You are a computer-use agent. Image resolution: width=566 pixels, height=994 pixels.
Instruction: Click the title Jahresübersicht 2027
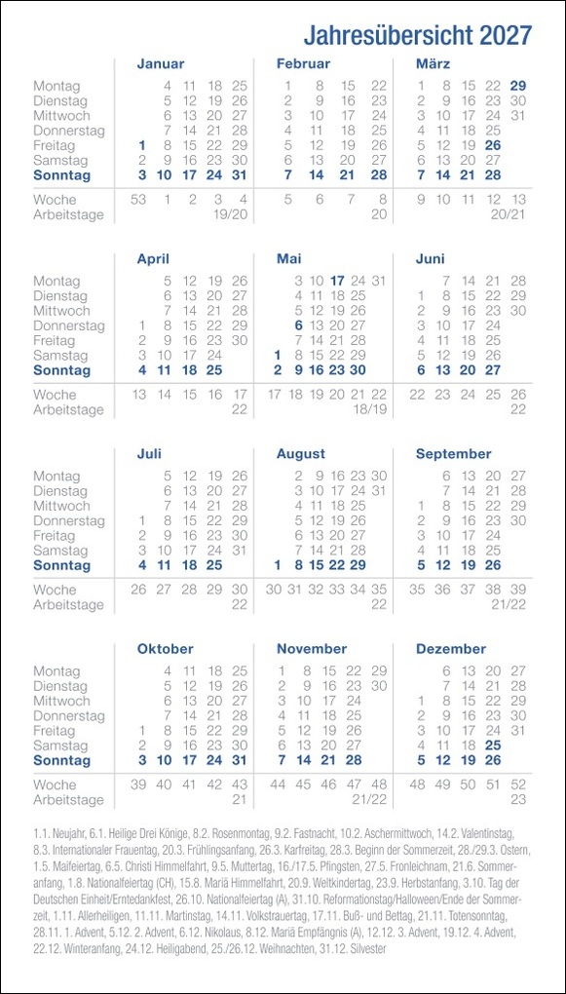[x=417, y=36]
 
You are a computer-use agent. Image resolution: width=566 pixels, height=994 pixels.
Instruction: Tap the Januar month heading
[x=161, y=64]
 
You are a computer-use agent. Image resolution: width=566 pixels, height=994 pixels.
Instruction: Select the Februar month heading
[x=303, y=64]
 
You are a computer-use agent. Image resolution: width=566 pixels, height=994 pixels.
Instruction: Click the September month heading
[x=453, y=454]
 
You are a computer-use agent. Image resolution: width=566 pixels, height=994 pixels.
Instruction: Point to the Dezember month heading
[x=450, y=649]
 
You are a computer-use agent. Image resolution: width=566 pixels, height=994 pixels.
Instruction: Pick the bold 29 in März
[x=518, y=86]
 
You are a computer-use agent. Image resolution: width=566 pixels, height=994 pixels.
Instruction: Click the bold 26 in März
[x=493, y=145]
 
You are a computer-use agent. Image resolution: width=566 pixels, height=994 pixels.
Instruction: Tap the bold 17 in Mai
[x=338, y=281]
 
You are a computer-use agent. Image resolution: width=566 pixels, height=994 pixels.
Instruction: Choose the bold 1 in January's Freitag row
[x=142, y=145]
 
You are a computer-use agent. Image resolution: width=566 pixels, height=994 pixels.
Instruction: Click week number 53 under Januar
[x=138, y=200]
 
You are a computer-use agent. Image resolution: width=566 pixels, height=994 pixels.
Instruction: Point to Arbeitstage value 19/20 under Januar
[x=230, y=214]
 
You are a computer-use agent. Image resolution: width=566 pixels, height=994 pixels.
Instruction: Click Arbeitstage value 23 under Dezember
[x=518, y=799]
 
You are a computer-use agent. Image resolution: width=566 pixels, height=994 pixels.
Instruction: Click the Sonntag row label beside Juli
[x=61, y=565]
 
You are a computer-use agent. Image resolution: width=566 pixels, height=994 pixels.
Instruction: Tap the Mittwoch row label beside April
[x=61, y=311]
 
